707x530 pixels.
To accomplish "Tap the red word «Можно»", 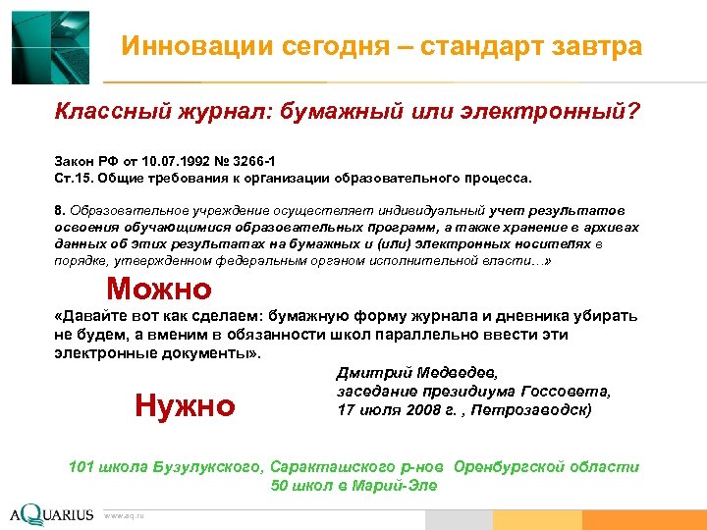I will point(158,289).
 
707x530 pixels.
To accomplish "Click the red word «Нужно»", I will point(185,404).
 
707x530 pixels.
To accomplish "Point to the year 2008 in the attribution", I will point(408,409).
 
